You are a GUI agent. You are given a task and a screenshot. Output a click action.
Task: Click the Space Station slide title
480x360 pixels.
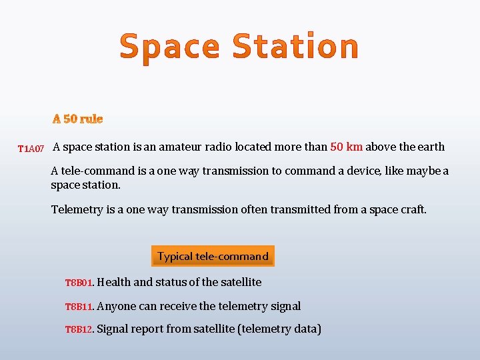239,47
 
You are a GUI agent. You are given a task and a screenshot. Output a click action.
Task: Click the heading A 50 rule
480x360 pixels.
78,119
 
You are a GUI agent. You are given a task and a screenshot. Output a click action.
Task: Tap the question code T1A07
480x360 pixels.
31,148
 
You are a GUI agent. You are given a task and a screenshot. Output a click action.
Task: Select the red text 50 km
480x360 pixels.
346,147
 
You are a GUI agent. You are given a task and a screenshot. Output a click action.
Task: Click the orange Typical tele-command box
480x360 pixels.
213,256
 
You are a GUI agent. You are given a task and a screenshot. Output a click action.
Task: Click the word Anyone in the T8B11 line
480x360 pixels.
116,306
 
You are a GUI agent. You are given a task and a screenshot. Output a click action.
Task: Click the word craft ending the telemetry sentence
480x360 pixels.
413,209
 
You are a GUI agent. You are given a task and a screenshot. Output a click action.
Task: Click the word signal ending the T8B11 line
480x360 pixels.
285,306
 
